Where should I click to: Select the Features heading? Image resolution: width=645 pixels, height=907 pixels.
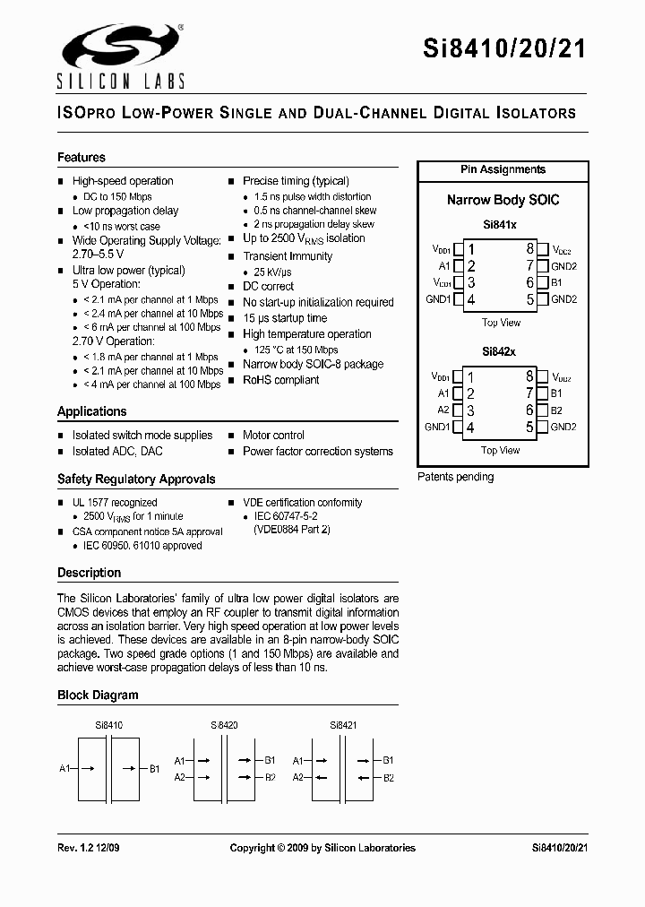pos(82,157)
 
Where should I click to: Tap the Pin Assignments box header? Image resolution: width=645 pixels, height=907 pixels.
pos(503,169)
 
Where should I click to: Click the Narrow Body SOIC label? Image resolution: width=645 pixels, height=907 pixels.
pos(503,200)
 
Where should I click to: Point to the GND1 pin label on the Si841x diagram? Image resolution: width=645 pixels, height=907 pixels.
pos(437,299)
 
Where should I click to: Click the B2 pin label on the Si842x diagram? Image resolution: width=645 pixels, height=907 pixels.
pos(556,410)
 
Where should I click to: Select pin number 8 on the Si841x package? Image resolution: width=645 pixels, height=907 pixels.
pos(530,249)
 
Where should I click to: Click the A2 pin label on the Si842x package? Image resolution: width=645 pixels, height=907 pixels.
pos(443,410)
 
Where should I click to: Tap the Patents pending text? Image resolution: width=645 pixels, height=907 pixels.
pos(455,477)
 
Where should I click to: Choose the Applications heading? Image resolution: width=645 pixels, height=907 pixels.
pos(92,411)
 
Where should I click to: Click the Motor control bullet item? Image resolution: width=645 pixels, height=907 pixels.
pos(273,435)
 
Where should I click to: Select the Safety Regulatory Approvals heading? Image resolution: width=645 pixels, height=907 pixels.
pos(136,479)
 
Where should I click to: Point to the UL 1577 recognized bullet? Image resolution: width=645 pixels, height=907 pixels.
pos(115,503)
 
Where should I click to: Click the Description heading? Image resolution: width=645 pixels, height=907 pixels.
pos(89,573)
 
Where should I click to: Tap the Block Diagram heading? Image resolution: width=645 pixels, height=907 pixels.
pos(98,695)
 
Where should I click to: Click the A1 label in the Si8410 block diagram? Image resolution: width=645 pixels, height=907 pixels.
pos(64,768)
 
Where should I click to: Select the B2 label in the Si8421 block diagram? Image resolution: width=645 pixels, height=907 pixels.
pos(388,778)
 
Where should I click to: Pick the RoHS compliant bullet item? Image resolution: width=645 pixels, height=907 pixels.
pos(280,380)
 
